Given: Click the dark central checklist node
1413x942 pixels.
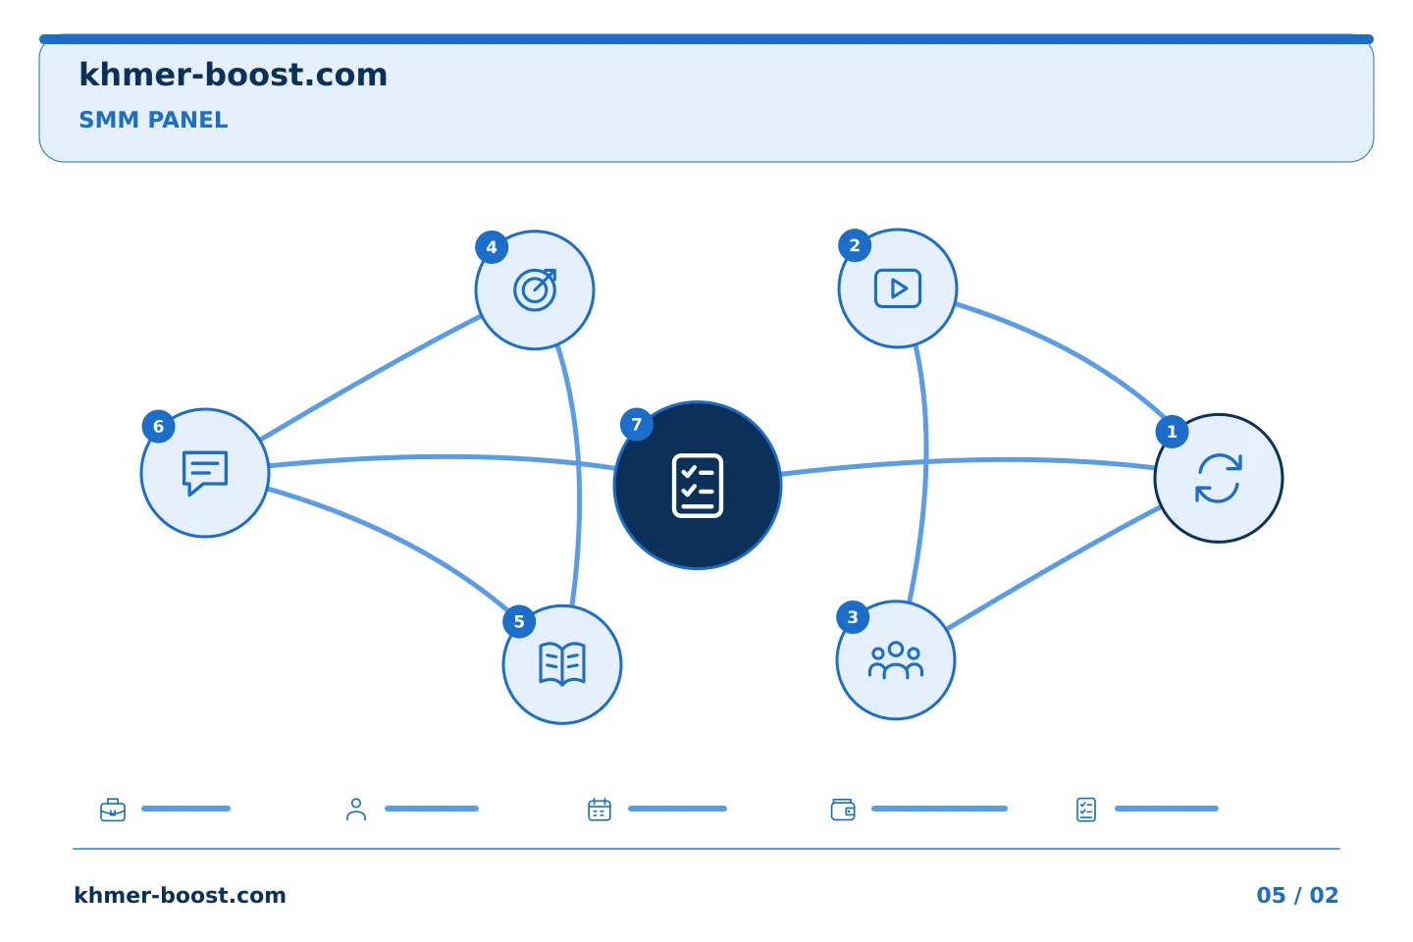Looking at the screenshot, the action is click(x=698, y=485).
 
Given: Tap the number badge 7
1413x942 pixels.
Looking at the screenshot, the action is click(x=637, y=425).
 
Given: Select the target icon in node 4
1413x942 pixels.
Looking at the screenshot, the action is click(x=535, y=289).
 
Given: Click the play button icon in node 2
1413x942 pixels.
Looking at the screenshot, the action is click(x=897, y=288).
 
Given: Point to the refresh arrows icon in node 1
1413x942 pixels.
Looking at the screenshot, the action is click(x=1218, y=478).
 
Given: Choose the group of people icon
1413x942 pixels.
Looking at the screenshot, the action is click(x=896, y=660).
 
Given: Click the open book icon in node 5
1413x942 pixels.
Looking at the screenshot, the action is click(x=562, y=663).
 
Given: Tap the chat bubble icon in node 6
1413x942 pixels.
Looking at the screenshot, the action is click(x=205, y=473).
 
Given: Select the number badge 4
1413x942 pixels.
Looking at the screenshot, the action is click(x=492, y=246).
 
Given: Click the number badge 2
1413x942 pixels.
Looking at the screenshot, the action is click(x=855, y=244).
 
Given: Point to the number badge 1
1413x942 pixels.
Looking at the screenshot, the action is click(x=1172, y=432).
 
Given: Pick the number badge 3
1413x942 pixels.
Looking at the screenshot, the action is click(x=853, y=616).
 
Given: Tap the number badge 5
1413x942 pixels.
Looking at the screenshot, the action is click(x=519, y=621).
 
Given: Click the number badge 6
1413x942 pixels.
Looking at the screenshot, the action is click(x=158, y=427).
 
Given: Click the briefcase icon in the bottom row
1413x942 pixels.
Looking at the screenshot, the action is click(x=113, y=810).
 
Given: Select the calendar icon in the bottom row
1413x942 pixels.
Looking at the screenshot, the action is click(x=600, y=810).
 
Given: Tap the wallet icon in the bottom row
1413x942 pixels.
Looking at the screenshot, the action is click(x=843, y=810).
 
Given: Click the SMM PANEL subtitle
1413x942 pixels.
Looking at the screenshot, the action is click(x=153, y=120).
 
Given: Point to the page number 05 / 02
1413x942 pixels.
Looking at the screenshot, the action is click(x=1297, y=895).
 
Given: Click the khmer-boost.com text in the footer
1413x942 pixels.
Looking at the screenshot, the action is click(x=180, y=895).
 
